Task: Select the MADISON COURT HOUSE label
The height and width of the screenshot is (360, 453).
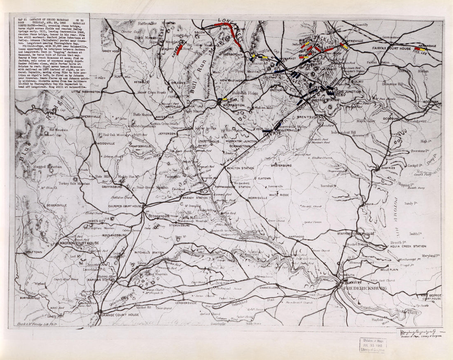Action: pos(79,243)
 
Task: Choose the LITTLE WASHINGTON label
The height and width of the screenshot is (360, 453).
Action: pos(86,92)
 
